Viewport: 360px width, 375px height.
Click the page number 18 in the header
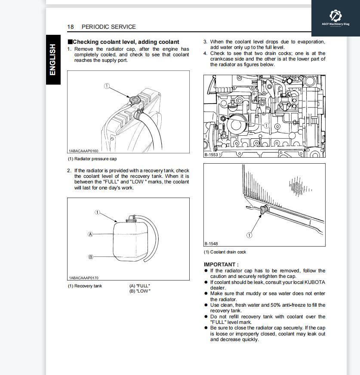click(x=71, y=27)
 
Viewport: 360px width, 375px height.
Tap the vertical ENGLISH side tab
click(x=53, y=60)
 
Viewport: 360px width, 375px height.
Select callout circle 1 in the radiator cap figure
click(x=106, y=86)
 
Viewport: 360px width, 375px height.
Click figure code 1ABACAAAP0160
click(x=83, y=151)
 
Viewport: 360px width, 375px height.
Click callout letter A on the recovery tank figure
click(x=90, y=234)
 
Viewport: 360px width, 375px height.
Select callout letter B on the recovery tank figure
click(x=90, y=257)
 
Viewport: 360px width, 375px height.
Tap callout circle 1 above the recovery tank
click(x=98, y=212)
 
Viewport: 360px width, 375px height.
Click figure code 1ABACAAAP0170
click(x=83, y=278)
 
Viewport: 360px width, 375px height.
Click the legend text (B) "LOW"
click(x=140, y=291)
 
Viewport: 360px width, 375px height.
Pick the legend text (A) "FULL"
click(x=140, y=286)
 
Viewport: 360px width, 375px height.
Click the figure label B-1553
click(x=212, y=155)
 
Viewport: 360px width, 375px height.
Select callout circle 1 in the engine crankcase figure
click(x=266, y=125)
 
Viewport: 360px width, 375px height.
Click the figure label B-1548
click(x=211, y=244)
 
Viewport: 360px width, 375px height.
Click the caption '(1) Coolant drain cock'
click(x=225, y=252)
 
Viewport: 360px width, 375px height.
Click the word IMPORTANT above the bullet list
click(x=221, y=265)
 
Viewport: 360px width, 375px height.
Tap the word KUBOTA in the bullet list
click(x=315, y=282)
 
